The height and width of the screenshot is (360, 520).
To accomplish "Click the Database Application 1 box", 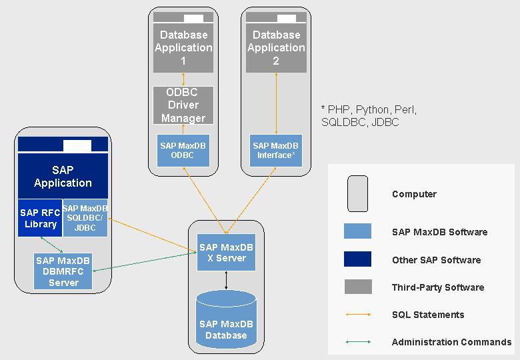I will (183, 47).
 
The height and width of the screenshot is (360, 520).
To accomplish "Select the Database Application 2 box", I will (276, 47).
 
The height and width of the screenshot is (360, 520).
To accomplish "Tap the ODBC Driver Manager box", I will (183, 105).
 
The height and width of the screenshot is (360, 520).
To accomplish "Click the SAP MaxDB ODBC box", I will (183, 151).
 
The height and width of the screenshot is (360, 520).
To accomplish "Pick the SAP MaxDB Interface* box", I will (275, 151).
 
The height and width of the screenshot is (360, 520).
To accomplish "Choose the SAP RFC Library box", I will (39, 217).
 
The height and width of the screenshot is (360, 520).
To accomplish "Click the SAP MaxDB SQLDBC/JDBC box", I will (85, 217).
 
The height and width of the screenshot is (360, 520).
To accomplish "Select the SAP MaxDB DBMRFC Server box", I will (63, 271).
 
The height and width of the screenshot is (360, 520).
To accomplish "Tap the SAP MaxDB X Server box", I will (226, 253).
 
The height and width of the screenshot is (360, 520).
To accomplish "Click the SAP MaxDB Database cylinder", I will (226, 325).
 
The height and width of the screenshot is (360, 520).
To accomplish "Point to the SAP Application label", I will (63, 177).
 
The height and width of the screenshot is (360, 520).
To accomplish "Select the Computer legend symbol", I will (358, 194).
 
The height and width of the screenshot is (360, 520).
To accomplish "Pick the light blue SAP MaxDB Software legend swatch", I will (358, 231).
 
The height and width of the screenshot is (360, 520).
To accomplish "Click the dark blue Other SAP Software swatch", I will (358, 259).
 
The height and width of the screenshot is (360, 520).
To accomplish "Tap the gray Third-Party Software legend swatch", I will (358, 287).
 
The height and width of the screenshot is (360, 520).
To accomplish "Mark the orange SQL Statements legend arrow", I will (358, 314).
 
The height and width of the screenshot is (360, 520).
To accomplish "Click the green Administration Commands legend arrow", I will (358, 342).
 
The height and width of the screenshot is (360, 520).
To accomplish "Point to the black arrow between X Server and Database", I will (226, 280).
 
